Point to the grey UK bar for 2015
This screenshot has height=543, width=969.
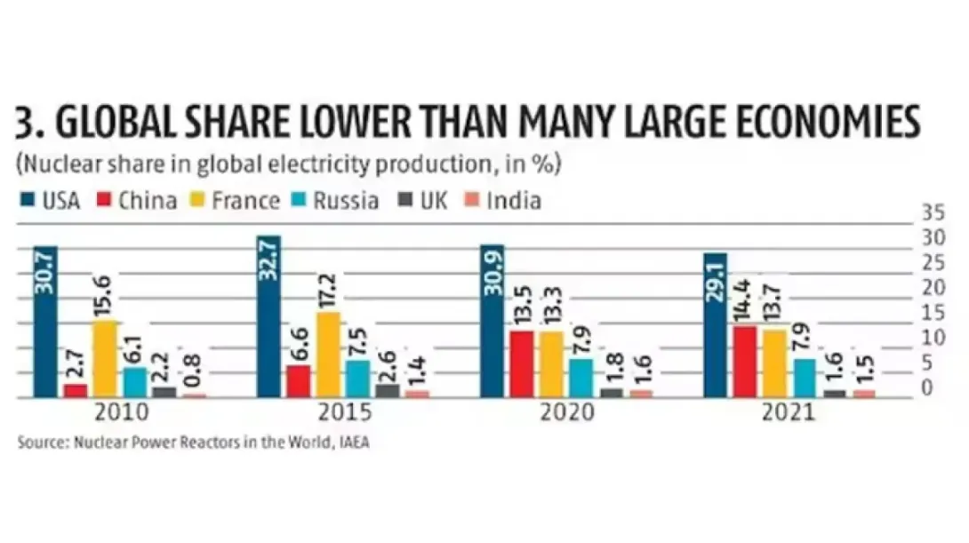388,391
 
